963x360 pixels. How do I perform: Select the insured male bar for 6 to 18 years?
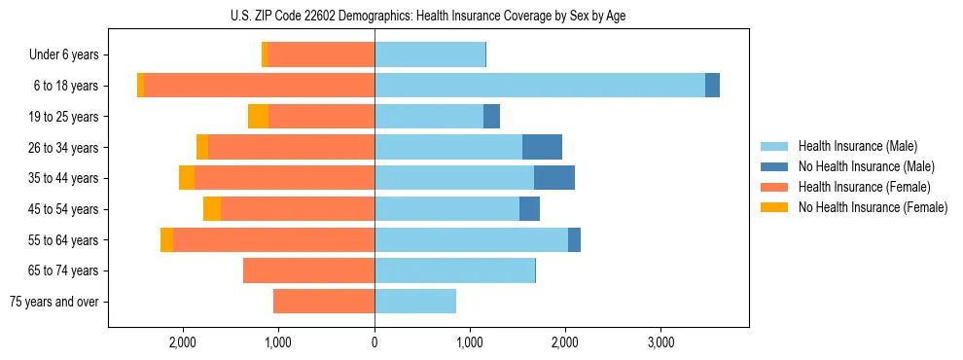click(x=540, y=86)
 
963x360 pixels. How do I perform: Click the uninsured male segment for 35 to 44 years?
click(x=554, y=178)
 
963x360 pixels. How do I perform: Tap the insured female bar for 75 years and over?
click(x=324, y=302)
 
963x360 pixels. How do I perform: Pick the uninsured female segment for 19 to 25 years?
click(x=258, y=117)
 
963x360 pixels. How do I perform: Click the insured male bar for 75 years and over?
click(x=415, y=302)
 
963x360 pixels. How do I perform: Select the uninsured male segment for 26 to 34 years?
click(x=542, y=147)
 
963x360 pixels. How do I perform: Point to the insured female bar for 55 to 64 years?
click(x=273, y=239)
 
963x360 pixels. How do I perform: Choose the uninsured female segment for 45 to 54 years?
click(x=212, y=209)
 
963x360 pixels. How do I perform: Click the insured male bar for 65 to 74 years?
click(x=454, y=270)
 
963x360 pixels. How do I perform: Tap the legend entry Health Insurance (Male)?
click(x=852, y=146)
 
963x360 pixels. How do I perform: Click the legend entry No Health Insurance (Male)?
click(x=859, y=166)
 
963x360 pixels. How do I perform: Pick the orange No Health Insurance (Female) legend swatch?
click(x=774, y=207)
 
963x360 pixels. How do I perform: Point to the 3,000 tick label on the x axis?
click(x=660, y=342)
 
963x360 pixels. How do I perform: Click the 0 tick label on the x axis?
click(x=374, y=342)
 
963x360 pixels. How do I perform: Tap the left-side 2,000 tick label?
click(x=183, y=342)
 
